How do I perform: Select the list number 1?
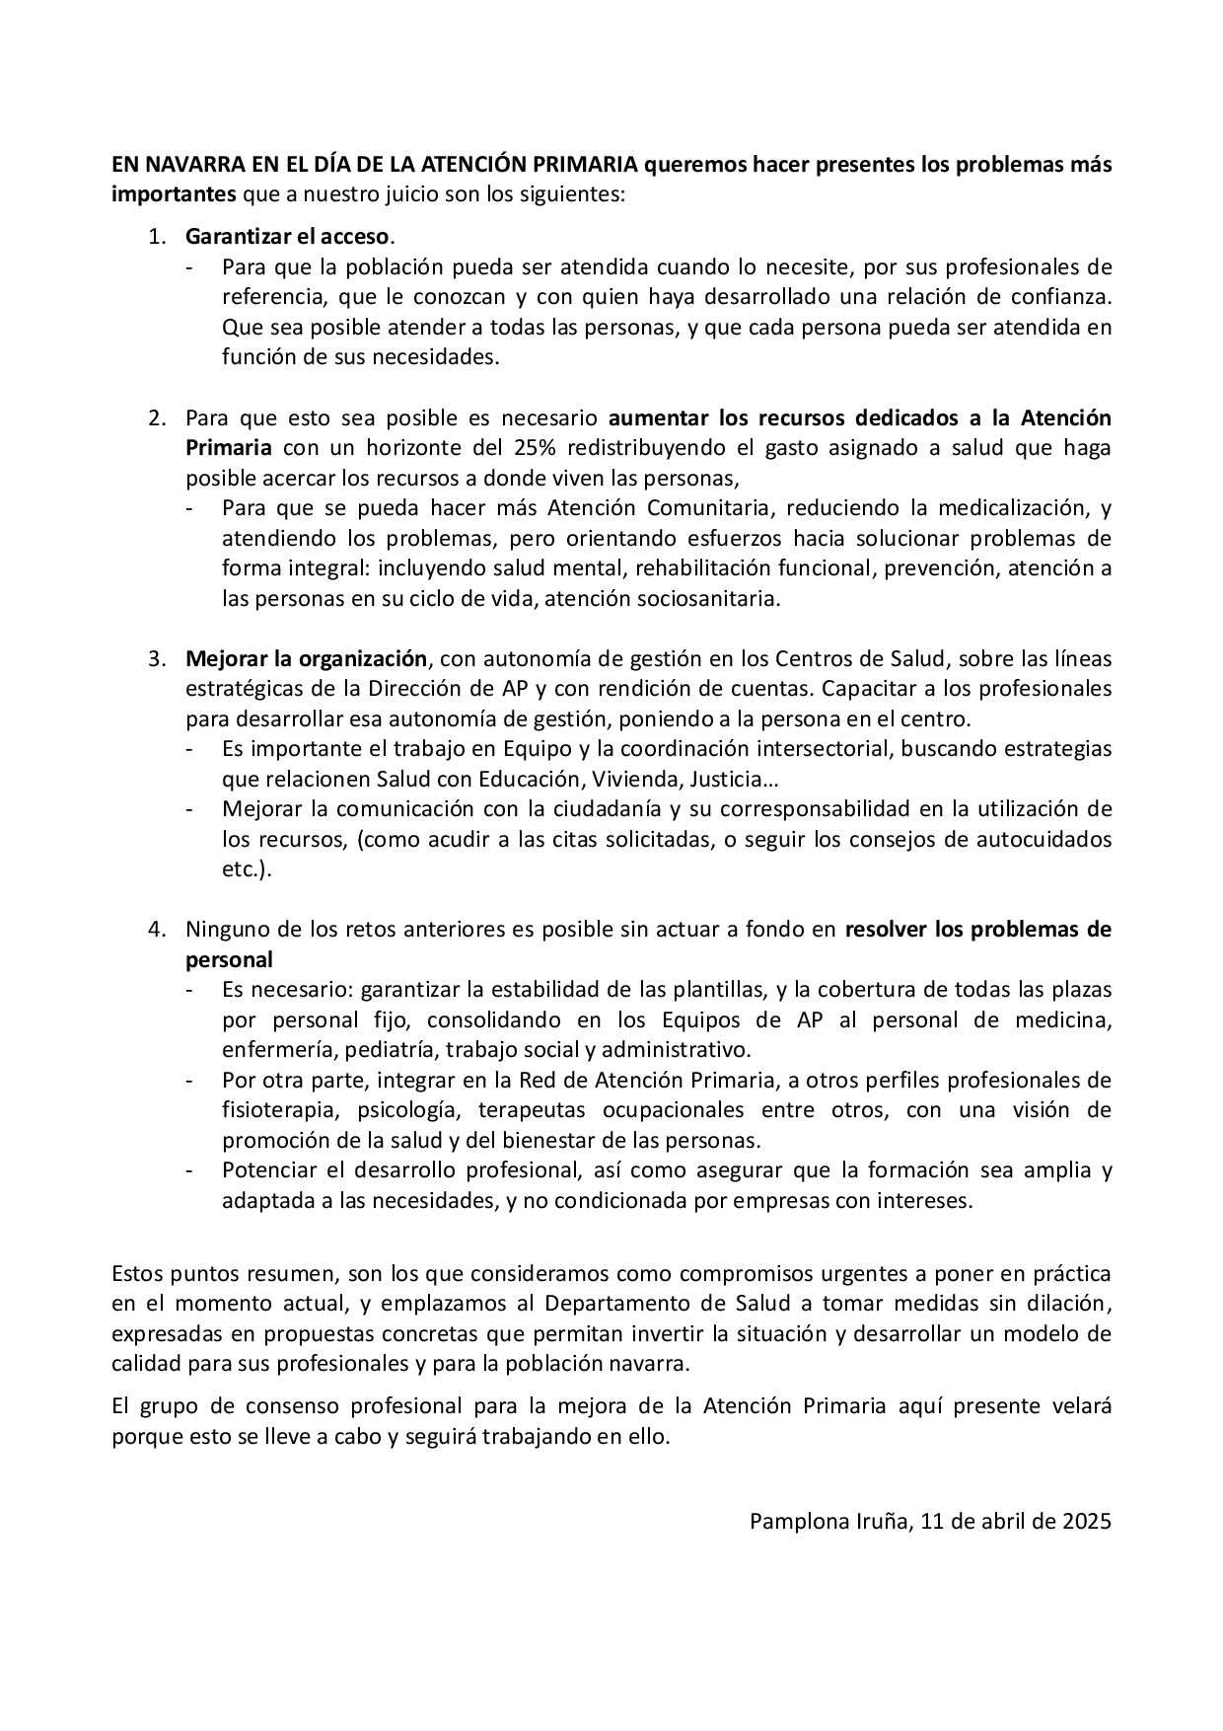156,237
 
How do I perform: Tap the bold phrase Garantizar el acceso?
288,237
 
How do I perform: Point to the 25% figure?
535,448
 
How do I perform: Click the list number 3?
156,658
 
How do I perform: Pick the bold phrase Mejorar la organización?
307,658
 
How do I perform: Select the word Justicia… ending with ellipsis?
730,780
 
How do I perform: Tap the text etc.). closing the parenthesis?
246,870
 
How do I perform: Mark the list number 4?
156,930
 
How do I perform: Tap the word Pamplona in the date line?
794,1521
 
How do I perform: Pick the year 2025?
1087,1521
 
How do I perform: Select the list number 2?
156,417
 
